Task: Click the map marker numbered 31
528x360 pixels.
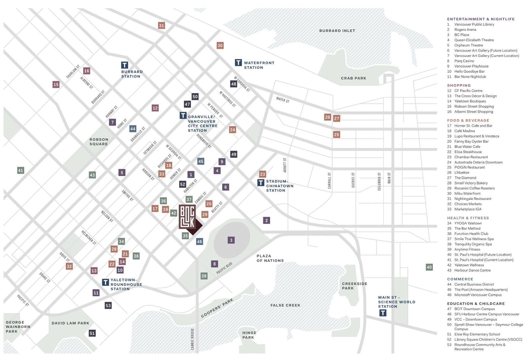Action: click(161, 26)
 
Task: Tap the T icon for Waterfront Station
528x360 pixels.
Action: click(238, 62)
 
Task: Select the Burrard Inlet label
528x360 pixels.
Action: click(337, 31)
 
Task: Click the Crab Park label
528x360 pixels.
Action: click(353, 78)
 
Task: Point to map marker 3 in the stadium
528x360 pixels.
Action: click(231, 240)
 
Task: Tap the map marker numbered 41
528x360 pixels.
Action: click(21, 170)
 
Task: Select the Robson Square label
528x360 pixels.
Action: click(99, 142)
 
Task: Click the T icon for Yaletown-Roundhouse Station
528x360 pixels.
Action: click(105, 282)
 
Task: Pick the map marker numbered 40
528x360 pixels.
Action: click(429, 267)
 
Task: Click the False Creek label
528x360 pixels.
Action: click(285, 305)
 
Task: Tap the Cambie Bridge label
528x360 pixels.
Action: click(193, 339)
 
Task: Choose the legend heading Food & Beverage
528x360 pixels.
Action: click(468, 120)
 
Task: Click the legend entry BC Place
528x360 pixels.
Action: click(462, 35)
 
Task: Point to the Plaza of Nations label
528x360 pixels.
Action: click(270, 258)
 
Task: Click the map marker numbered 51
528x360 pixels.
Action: click(92, 333)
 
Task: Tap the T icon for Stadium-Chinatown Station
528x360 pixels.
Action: click(261, 182)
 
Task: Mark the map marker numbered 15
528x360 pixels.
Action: click(56, 84)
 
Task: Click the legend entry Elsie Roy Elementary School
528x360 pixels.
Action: click(477, 334)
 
